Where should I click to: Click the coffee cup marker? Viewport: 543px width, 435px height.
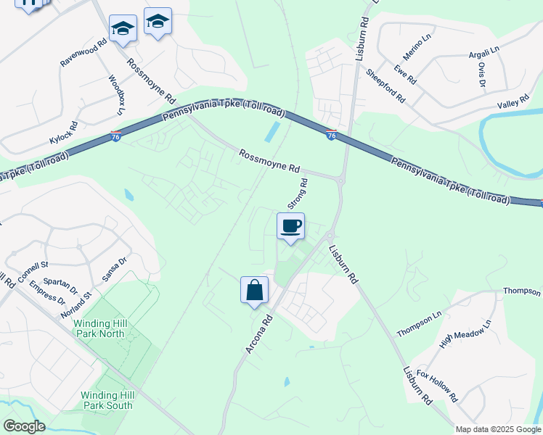290,226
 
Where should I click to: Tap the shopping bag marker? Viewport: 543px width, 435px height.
254,291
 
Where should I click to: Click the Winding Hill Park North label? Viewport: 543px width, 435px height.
105,328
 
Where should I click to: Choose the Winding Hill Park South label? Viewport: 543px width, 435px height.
107,399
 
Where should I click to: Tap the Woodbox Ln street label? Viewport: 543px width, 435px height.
117,94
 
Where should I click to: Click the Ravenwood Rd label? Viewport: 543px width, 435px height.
83,52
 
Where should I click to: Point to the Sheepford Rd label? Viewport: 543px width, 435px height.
385,86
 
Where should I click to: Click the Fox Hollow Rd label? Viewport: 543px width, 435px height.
438,386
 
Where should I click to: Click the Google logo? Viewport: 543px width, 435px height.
24,426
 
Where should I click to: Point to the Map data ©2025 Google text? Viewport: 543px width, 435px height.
498,429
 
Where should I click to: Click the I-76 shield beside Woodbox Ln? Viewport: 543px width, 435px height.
115,136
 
